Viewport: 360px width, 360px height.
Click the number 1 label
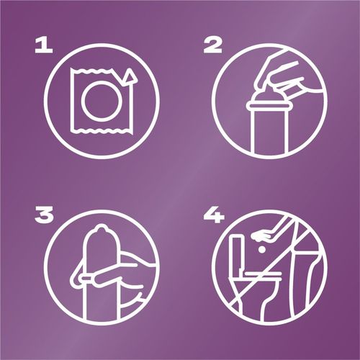(x=44, y=46)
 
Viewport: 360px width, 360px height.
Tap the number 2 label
(x=212, y=46)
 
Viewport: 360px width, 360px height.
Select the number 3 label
(x=44, y=215)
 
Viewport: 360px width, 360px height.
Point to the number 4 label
(x=214, y=215)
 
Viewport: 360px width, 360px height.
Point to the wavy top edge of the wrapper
(x=92, y=71)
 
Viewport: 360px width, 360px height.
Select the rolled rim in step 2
(x=269, y=105)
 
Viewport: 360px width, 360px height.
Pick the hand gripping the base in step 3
(x=106, y=276)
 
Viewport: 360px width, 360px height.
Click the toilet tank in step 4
(x=235, y=254)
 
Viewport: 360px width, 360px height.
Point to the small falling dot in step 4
(x=261, y=250)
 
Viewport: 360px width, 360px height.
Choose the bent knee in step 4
(x=310, y=259)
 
